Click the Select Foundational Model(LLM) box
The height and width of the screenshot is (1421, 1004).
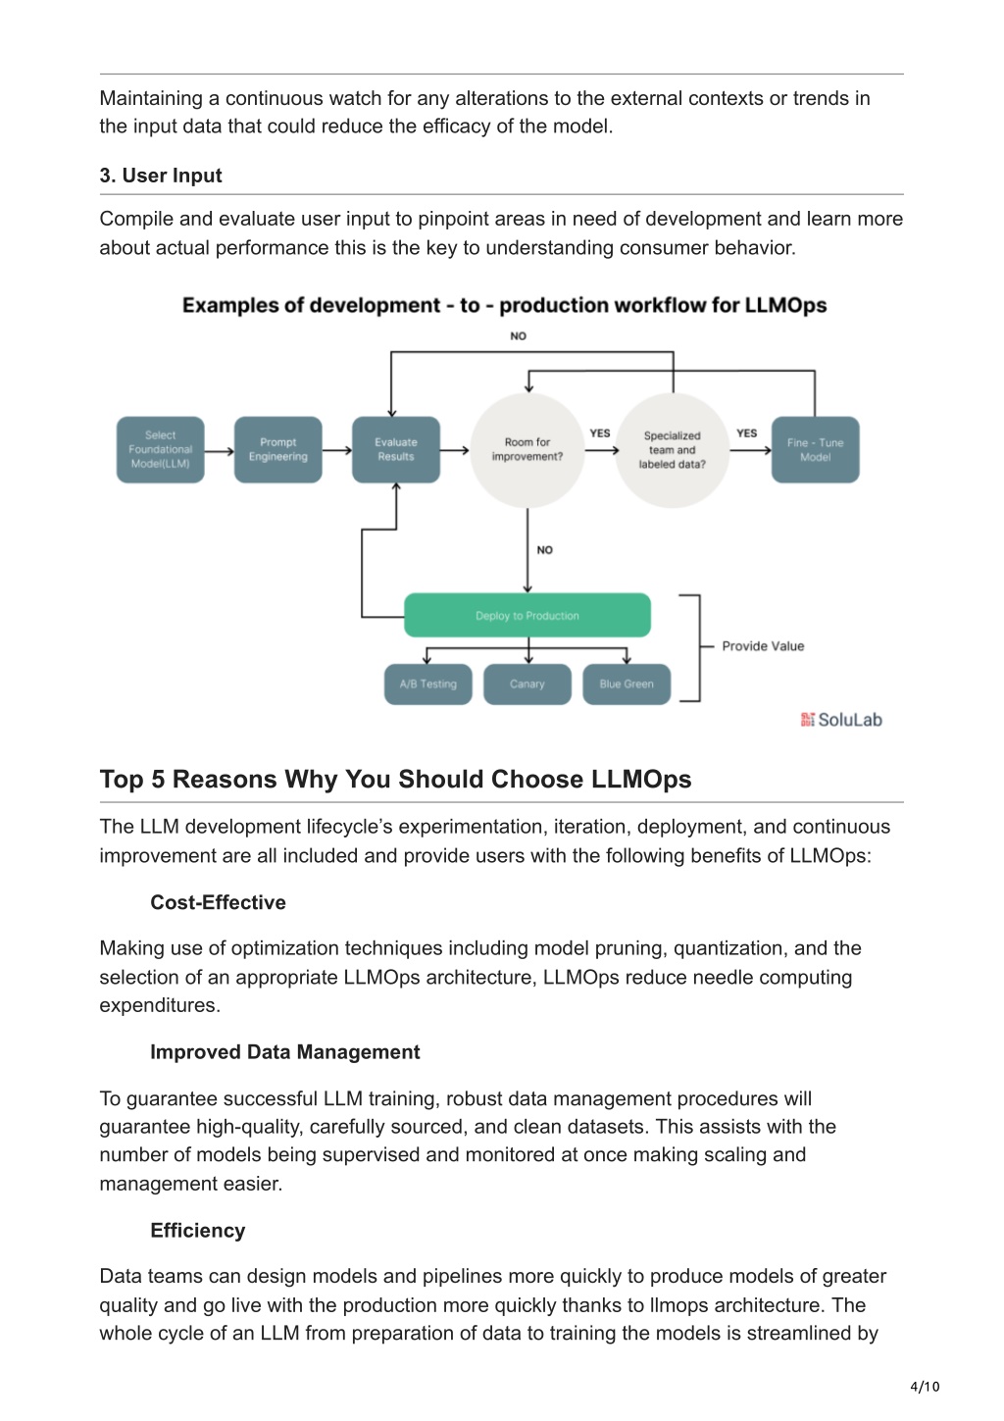click(x=160, y=449)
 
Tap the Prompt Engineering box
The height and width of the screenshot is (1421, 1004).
click(x=277, y=449)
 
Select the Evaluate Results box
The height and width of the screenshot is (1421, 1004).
click(x=396, y=449)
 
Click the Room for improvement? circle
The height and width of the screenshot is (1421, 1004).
click(x=527, y=450)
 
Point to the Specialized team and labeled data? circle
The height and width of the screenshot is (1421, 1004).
click(x=673, y=450)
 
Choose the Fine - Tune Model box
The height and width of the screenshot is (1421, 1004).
click(x=815, y=449)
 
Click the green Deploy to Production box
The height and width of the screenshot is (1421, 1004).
click(x=527, y=615)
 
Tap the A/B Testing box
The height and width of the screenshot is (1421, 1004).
click(x=428, y=684)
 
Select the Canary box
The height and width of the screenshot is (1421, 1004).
click(x=527, y=684)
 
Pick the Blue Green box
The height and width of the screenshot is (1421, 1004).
click(x=627, y=684)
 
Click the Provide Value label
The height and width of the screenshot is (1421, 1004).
click(x=763, y=646)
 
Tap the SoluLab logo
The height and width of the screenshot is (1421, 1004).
click(x=841, y=720)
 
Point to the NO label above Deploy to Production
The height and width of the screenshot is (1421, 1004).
click(x=545, y=550)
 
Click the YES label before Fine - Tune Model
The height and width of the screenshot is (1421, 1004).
click(x=746, y=432)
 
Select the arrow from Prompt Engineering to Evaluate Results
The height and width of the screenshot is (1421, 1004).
click(x=336, y=450)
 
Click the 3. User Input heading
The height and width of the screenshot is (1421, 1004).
click(x=161, y=176)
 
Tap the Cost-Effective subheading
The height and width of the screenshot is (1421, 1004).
click(x=218, y=902)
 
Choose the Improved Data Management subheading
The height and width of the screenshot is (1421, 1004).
click(x=284, y=1052)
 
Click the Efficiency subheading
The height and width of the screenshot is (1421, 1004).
click(x=197, y=1230)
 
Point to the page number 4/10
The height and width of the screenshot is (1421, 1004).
click(x=925, y=1386)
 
